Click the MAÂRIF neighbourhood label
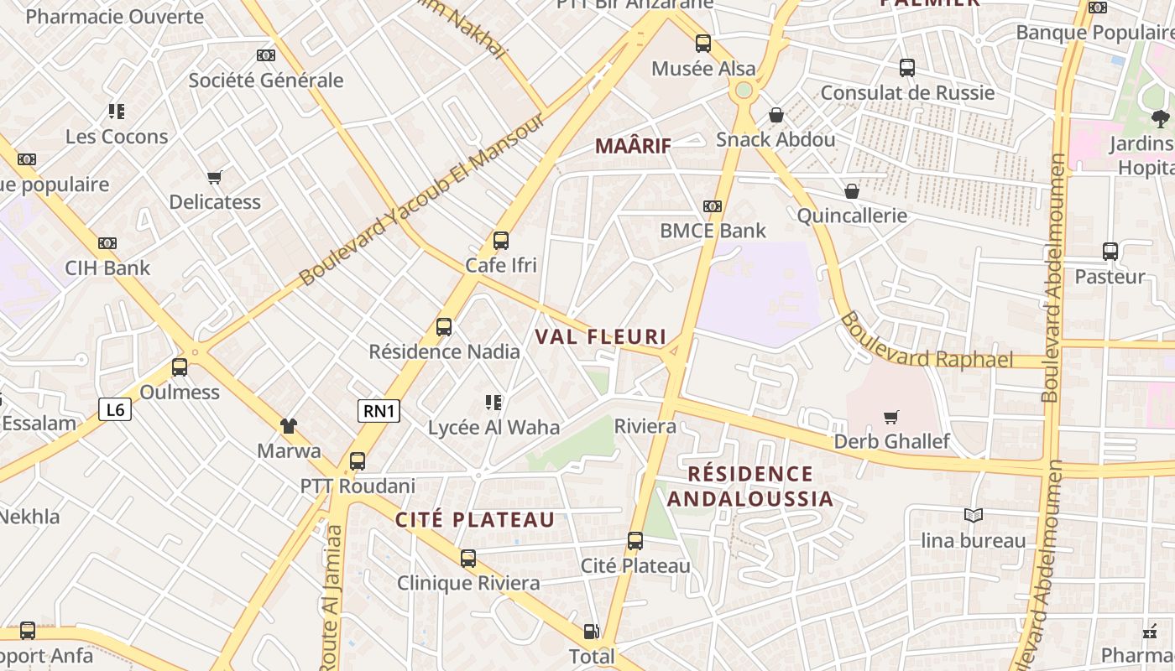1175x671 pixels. [633, 146]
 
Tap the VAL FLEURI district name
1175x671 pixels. [600, 337]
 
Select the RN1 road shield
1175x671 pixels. [379, 410]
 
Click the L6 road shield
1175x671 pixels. [115, 409]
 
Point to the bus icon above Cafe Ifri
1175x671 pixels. [501, 241]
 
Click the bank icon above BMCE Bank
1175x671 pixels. [713, 205]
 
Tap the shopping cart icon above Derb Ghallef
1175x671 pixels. [891, 417]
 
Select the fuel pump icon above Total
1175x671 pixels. [592, 632]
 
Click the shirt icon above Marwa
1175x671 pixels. [289, 426]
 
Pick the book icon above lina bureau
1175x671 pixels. [974, 515]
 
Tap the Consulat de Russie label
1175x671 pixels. [907, 92]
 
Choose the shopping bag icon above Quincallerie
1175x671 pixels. [852, 191]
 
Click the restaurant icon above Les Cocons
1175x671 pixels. [117, 112]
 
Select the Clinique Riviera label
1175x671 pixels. [468, 583]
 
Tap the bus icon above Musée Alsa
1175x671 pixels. [703, 43]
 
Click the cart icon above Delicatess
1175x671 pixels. [215, 177]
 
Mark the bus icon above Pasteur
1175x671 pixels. [1110, 252]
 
